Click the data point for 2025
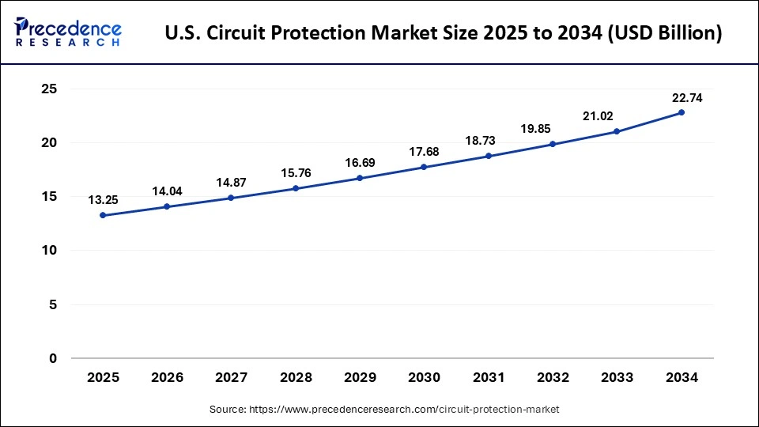(103, 215)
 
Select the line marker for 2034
(682, 112)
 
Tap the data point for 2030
(425, 167)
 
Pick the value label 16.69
(360, 162)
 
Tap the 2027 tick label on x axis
(231, 378)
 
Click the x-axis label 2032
(553, 378)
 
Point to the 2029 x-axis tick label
(360, 378)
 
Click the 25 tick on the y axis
(49, 89)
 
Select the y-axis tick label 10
(49, 251)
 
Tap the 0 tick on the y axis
(53, 358)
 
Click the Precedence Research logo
(68, 32)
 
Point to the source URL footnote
(385, 409)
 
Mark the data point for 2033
(617, 131)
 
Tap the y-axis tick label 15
(49, 197)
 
